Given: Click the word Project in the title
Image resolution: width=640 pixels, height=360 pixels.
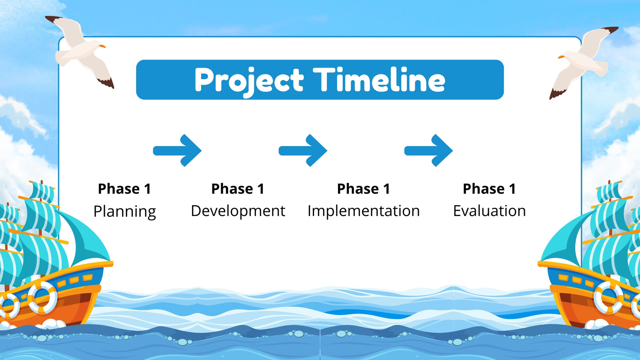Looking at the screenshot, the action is [249, 81].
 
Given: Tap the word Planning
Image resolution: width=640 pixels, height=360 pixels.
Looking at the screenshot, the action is [124, 212].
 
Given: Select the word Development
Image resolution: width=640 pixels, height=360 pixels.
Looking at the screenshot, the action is [238, 212].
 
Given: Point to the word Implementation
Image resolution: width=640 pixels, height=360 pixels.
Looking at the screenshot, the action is [364, 212].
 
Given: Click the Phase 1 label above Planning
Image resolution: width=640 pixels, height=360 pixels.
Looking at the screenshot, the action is [124, 189].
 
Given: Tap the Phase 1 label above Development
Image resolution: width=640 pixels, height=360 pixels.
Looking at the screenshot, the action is [238, 189].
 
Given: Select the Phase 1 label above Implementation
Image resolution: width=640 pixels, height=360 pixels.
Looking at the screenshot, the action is [364, 189].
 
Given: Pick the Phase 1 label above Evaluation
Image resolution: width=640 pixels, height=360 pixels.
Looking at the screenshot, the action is [489, 189].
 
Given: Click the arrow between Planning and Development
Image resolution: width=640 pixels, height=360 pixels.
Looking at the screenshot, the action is [178, 150].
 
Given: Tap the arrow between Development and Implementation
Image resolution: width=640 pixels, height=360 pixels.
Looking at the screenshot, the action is [303, 150].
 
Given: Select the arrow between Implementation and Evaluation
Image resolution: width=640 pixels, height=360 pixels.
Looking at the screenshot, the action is [428, 150].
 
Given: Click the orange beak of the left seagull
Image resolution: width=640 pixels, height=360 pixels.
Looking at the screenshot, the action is [102, 46].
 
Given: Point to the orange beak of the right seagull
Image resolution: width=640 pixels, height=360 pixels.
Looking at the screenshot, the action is [562, 57].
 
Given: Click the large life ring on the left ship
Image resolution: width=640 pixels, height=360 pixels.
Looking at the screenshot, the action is [42, 297].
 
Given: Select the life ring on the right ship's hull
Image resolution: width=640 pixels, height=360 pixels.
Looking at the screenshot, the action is [608, 298].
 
